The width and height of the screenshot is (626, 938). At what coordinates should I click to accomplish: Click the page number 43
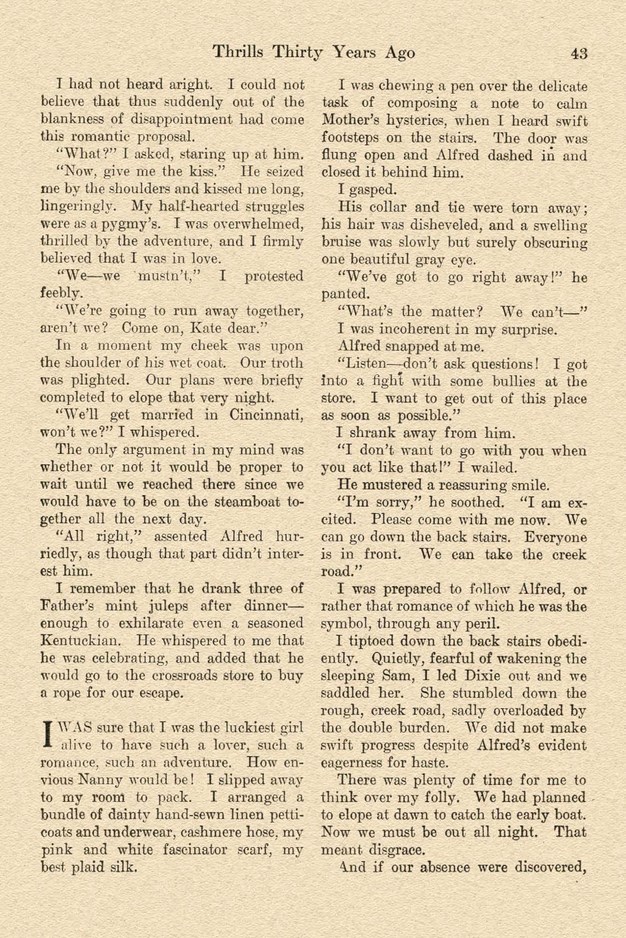[579, 53]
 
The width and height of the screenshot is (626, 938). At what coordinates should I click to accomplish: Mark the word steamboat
[247, 502]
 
